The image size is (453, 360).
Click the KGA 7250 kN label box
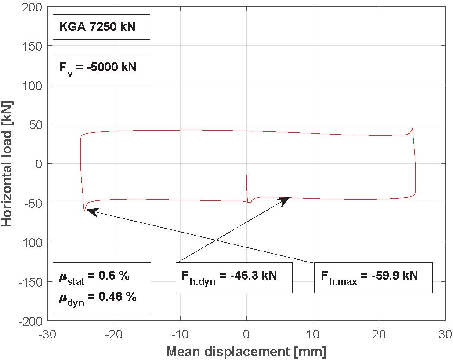[101, 27]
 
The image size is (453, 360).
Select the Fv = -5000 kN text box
[101, 69]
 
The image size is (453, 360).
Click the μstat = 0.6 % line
[94, 277]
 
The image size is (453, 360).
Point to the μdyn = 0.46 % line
[97, 298]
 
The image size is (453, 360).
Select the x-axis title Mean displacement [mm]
[246, 352]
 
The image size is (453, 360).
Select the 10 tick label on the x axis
[312, 334]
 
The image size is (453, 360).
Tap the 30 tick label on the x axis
[444, 334]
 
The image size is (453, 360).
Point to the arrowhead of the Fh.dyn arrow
[286, 199]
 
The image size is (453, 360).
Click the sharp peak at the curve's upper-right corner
[412, 129]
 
